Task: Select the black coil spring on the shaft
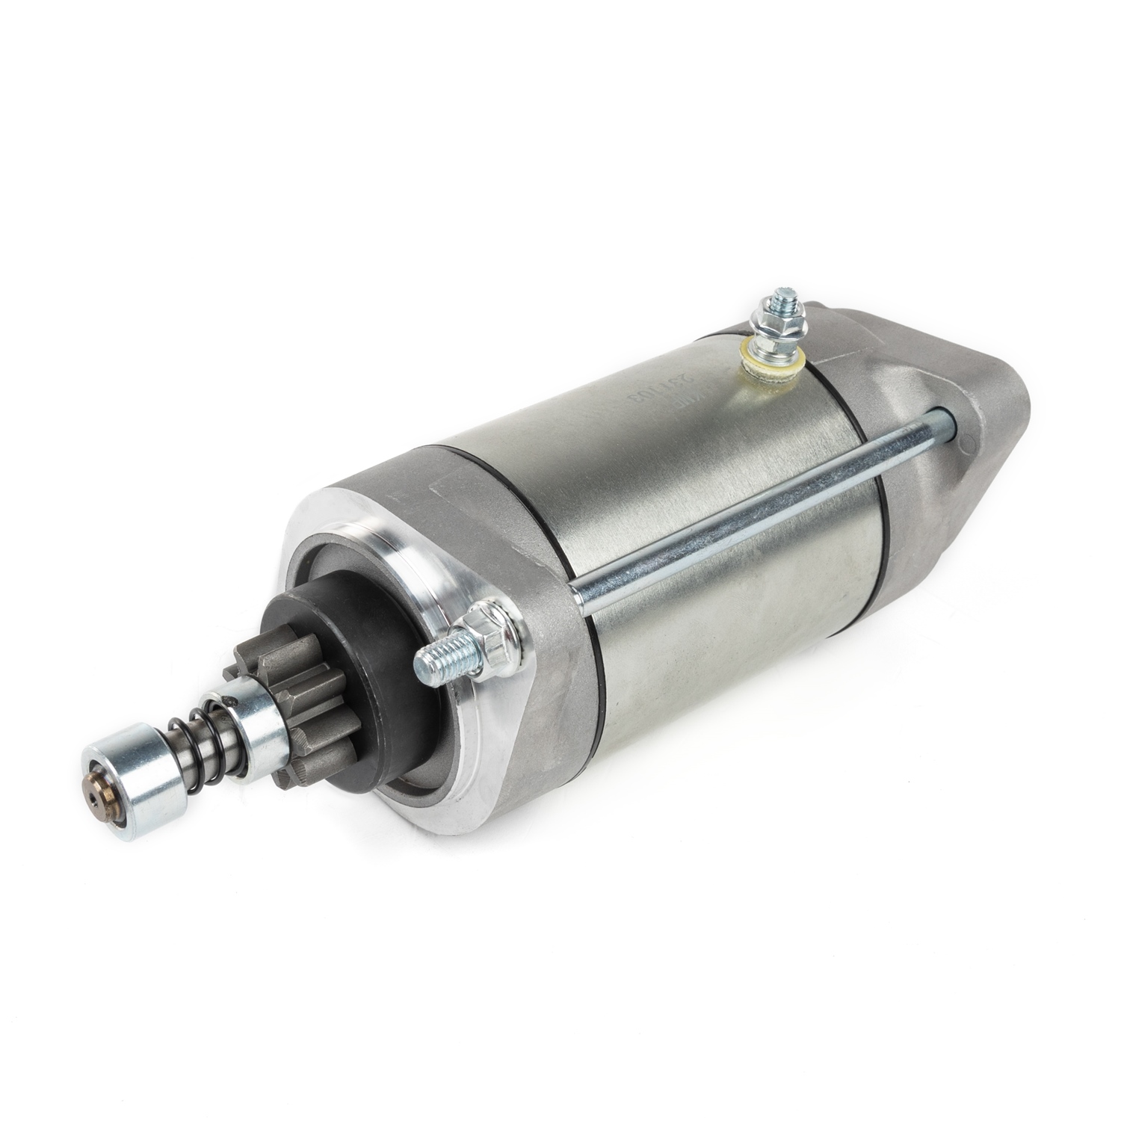[196, 747]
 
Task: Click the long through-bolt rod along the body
[747, 508]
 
